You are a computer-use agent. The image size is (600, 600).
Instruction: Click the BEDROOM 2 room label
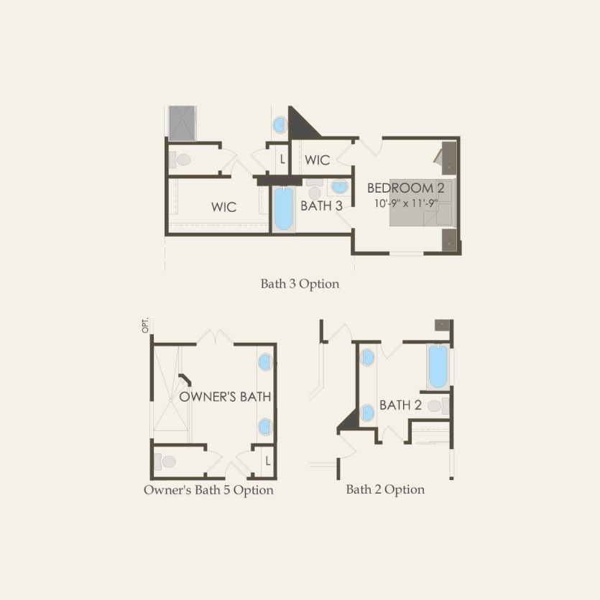(x=405, y=188)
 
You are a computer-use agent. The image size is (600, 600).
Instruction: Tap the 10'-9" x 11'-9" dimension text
(x=405, y=203)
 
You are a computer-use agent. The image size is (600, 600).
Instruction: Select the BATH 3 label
(x=321, y=206)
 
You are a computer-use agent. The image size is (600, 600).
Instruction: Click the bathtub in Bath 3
(x=284, y=209)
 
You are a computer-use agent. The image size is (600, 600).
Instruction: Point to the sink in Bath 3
(x=340, y=188)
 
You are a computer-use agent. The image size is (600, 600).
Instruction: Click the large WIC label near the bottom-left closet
(x=224, y=207)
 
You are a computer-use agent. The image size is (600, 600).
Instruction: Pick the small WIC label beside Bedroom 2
(x=317, y=160)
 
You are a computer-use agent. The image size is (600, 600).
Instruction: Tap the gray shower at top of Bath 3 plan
(x=183, y=123)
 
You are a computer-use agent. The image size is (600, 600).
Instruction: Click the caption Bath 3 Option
(x=300, y=284)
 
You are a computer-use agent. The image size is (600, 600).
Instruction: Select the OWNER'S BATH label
(x=225, y=397)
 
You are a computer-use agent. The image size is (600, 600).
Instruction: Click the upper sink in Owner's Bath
(x=265, y=362)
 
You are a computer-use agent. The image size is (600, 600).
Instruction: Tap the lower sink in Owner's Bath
(x=265, y=427)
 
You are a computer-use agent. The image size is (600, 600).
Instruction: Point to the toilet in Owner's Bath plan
(x=165, y=461)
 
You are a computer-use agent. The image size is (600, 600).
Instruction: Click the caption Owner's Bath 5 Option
(x=208, y=490)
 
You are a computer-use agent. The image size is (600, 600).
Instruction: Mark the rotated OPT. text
(x=145, y=325)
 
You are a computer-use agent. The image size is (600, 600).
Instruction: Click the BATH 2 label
(x=400, y=405)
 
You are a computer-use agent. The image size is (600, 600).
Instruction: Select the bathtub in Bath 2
(x=438, y=366)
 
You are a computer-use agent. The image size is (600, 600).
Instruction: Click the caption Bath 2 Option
(x=385, y=489)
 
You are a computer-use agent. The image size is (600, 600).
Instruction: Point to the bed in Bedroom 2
(x=421, y=203)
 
